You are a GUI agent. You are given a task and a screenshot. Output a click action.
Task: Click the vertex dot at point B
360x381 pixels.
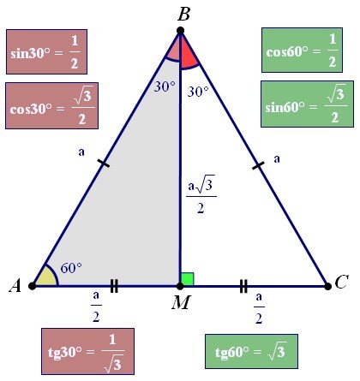pos(180,31)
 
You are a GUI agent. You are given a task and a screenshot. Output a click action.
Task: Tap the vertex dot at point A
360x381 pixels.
pos(33,285)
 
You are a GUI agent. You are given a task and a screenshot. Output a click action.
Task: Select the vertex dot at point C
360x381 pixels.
pos(328,286)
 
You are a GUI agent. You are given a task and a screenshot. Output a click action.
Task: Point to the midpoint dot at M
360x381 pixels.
pos(180,286)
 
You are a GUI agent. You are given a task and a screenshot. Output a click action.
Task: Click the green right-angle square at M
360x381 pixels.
pos(188,279)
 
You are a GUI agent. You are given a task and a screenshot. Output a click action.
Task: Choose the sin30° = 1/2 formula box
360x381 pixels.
pos(46,51)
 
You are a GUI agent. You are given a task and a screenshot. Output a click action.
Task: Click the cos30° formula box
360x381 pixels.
pos(51,105)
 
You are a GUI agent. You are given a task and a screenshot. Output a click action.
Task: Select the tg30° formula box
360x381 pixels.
pos(87,351)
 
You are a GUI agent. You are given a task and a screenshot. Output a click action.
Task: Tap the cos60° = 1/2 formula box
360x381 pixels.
pos(302,50)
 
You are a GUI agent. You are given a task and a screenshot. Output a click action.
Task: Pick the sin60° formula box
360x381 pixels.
pos(307,104)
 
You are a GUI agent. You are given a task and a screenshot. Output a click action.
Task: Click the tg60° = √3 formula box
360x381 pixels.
pos(251,351)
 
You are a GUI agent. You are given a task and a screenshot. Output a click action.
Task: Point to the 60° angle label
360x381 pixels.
pos(71,268)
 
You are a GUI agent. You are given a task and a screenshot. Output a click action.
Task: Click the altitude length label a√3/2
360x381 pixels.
pos(201,194)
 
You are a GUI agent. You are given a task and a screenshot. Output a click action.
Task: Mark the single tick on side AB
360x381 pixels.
pos(104,164)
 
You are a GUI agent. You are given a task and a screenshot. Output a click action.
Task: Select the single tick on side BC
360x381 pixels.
pos(258,165)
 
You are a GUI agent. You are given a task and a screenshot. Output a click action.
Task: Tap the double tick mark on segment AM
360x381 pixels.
pos(114,286)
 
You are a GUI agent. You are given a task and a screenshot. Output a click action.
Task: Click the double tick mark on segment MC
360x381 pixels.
pos(243,286)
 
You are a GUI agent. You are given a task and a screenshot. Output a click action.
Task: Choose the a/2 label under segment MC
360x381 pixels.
pos(259,308)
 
